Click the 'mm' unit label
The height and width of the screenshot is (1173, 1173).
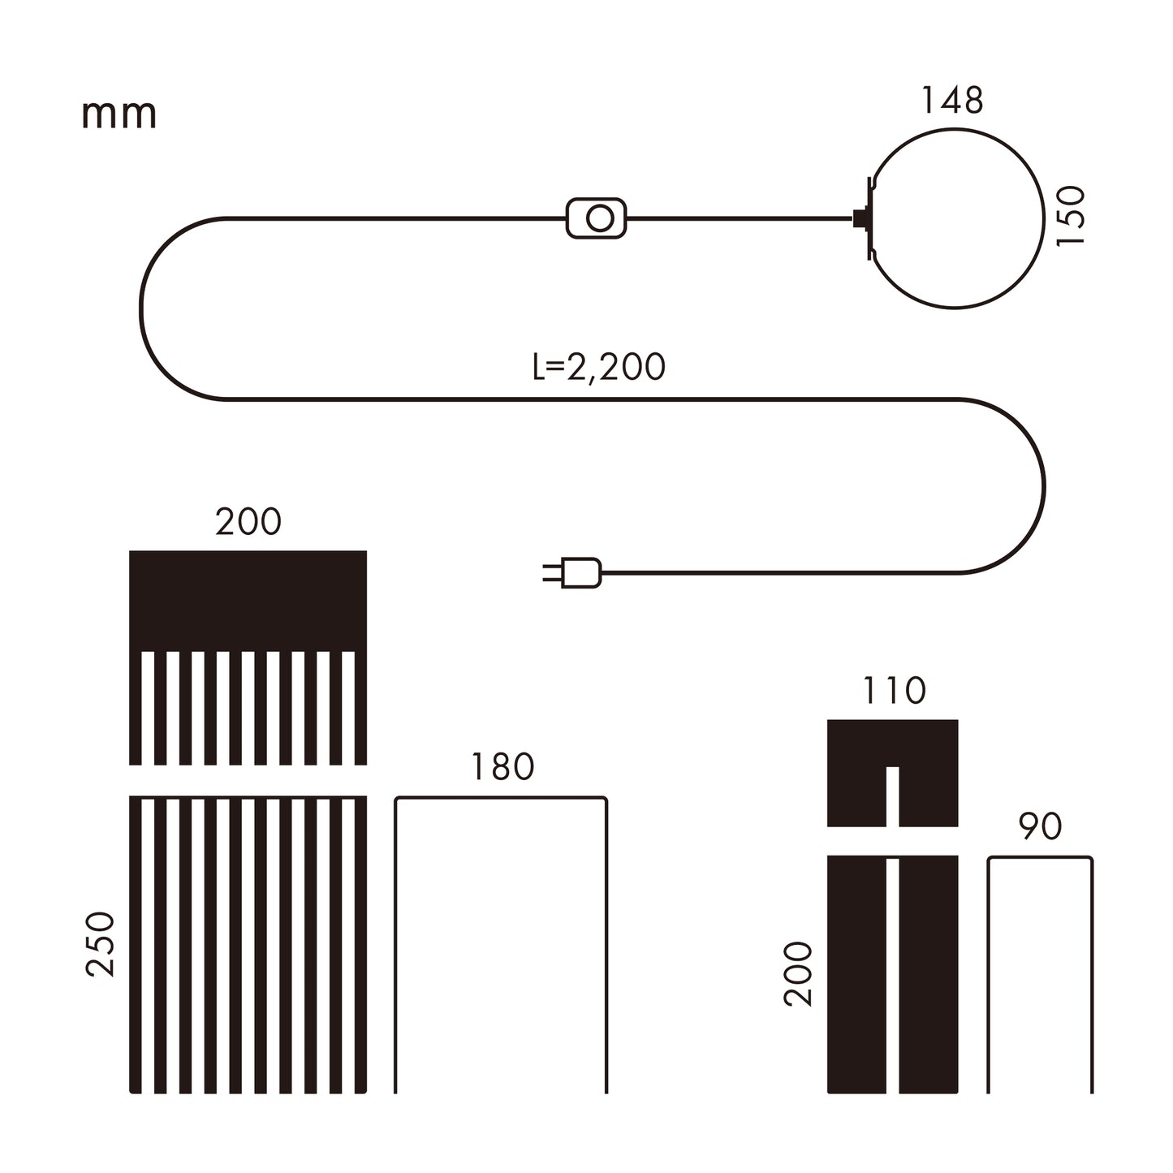click(x=119, y=114)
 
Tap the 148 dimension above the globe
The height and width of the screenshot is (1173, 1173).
click(x=953, y=101)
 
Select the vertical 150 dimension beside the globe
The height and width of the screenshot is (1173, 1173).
click(x=1071, y=216)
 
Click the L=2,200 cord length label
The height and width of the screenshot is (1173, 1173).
click(x=598, y=368)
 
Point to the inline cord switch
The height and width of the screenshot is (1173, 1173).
click(x=596, y=218)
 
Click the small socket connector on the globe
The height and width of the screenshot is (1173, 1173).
click(x=860, y=218)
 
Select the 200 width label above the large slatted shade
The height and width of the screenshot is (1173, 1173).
click(x=248, y=522)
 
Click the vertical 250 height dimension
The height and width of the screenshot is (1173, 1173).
click(x=101, y=945)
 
